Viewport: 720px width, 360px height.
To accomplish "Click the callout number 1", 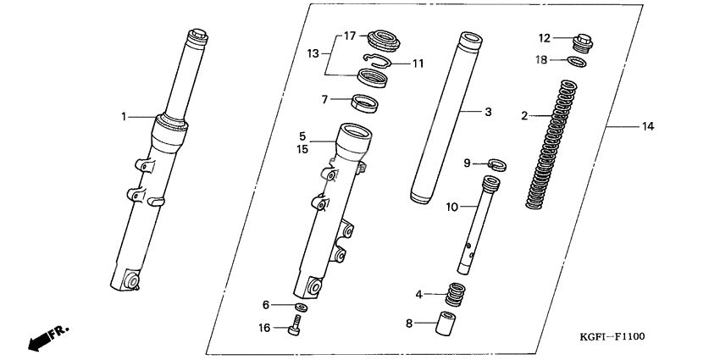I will click(x=124, y=116).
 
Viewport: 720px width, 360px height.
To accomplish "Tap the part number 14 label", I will click(x=648, y=127).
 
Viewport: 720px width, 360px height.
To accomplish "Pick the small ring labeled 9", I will click(x=497, y=163).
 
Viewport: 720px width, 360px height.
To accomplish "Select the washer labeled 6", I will click(x=301, y=305).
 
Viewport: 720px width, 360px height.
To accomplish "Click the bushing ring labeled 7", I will click(x=365, y=104).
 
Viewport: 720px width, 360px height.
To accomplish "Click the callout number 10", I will click(x=451, y=206).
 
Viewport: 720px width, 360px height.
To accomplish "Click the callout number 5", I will click(x=302, y=135).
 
